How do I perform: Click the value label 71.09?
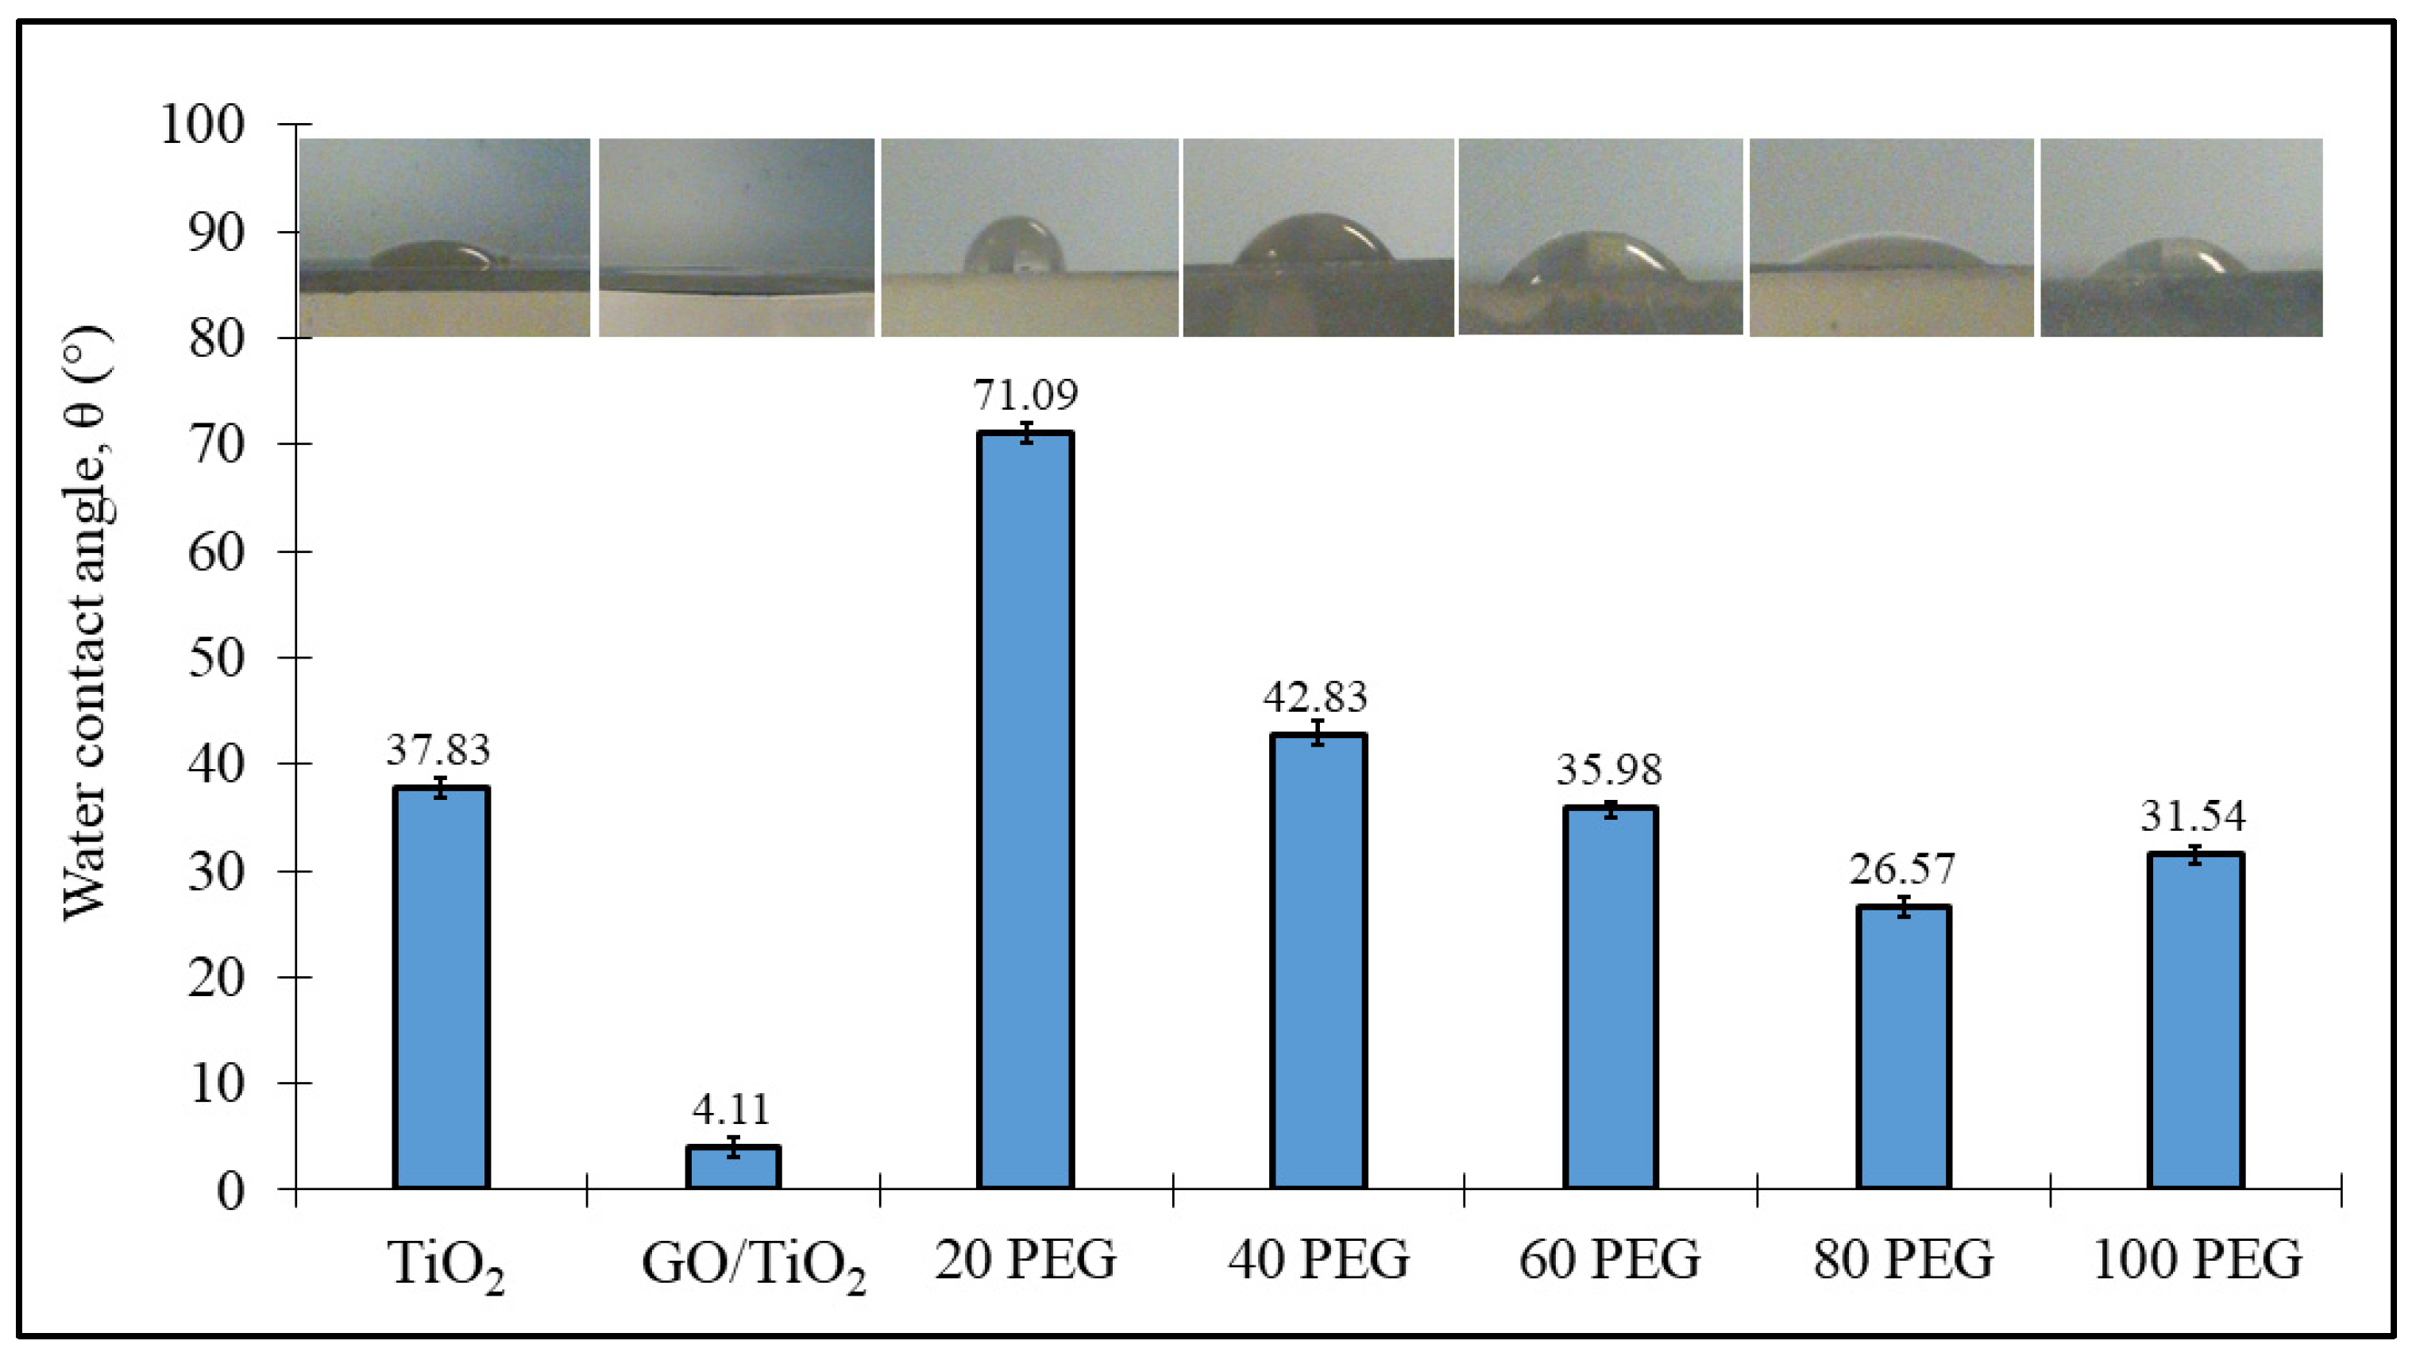(x=1025, y=395)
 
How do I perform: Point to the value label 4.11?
(x=731, y=1109)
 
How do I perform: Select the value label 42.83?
(x=1315, y=697)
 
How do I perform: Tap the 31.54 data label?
(x=2193, y=815)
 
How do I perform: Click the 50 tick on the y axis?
(x=216, y=657)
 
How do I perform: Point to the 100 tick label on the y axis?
(x=202, y=124)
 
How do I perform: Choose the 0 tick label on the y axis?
(x=230, y=1191)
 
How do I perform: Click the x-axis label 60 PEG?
(x=1609, y=1259)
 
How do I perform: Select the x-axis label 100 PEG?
(x=2196, y=1259)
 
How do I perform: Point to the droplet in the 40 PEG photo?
(x=1312, y=241)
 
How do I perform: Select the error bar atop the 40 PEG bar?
(x=1318, y=732)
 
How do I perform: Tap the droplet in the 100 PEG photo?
(x=2167, y=261)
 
